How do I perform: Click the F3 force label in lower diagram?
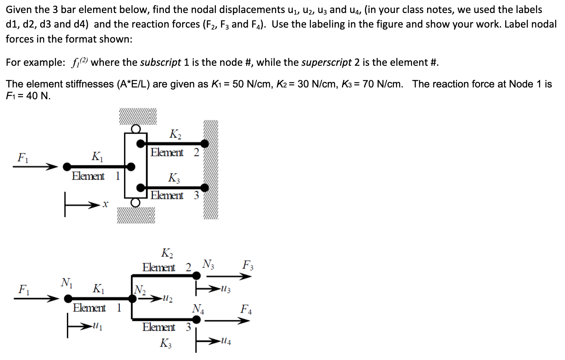(248, 265)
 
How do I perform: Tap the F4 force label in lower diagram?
(247, 309)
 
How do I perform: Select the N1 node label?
(66, 282)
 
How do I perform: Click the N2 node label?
(139, 291)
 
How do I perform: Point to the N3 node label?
(208, 264)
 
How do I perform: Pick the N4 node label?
(198, 308)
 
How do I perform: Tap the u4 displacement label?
(226, 341)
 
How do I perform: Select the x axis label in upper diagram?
(105, 204)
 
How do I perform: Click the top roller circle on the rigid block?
(136, 128)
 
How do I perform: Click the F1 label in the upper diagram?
(22, 158)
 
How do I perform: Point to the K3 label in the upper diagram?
(174, 178)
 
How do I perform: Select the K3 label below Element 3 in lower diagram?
(165, 343)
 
